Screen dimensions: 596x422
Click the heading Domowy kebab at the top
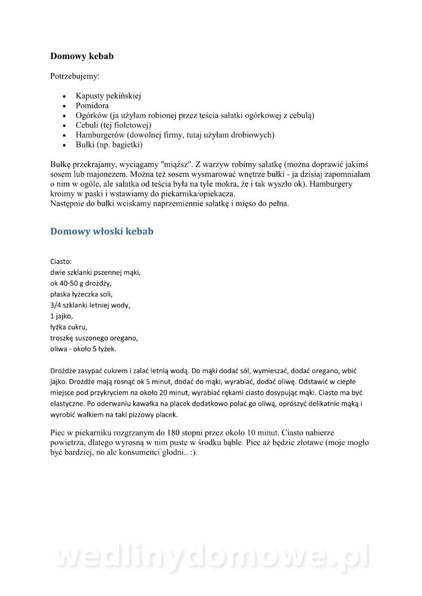click(82, 56)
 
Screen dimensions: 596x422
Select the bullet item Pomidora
click(92, 105)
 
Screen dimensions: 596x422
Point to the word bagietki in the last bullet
click(126, 145)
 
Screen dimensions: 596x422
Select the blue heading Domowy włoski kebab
click(102, 231)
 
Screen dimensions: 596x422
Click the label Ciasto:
click(61, 261)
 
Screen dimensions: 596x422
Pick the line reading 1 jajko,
click(62, 316)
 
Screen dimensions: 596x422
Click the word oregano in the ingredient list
click(124, 338)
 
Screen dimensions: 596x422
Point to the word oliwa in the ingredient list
click(59, 349)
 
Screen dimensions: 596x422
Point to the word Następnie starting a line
click(68, 204)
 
